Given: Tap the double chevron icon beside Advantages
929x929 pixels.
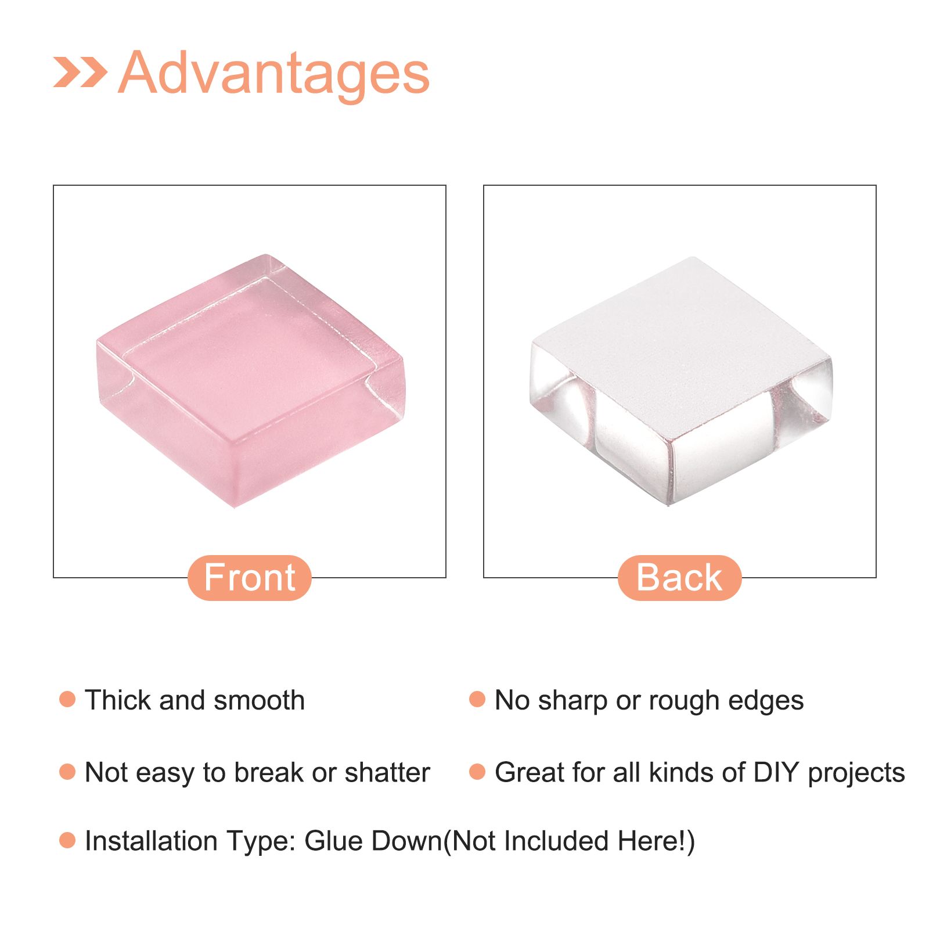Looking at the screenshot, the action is coord(80,72).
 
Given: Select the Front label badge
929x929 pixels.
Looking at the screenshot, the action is coord(250,578).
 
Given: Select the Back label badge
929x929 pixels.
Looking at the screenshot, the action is coord(679,578).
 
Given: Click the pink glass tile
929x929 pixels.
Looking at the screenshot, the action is coord(250,380).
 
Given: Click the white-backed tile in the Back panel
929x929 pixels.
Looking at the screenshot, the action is coord(680,381).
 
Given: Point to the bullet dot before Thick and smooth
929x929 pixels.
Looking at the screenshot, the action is coord(67,699).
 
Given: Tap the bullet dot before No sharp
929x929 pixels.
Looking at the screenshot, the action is coord(477,699).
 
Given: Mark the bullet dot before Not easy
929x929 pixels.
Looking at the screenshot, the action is coord(67,772).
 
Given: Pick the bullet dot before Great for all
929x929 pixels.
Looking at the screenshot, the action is coord(477,772).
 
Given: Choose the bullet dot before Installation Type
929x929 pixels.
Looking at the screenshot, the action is coord(67,840).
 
